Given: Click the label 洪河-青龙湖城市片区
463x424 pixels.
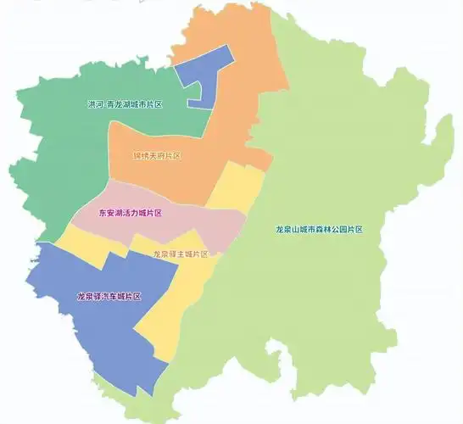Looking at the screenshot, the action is point(125,105).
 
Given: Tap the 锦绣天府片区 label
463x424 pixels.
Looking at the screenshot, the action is point(157,156).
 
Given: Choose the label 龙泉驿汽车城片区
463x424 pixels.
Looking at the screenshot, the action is point(109,296).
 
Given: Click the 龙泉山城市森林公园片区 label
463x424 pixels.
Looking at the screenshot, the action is point(319,230).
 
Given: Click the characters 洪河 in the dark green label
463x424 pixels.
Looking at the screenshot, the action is point(94,105).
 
